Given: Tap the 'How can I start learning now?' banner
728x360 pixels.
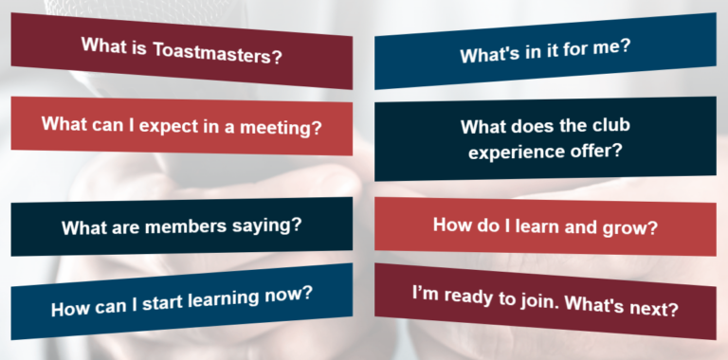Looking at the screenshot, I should (181, 300).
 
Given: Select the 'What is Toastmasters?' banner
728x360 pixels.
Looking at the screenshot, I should (181, 49).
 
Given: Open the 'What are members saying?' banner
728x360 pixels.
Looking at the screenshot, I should (181, 227).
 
